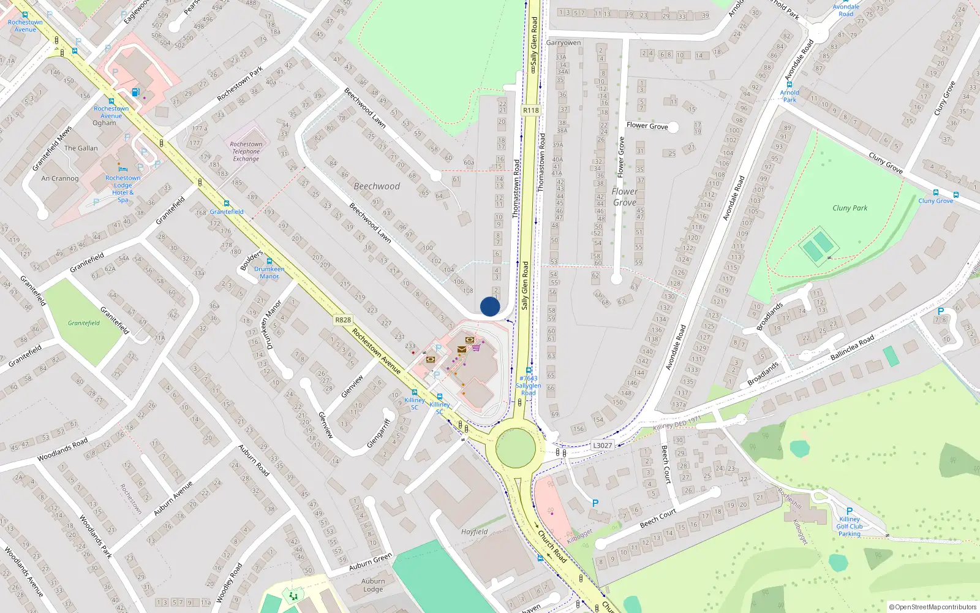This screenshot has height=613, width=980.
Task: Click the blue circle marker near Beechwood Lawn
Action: pos(490,306)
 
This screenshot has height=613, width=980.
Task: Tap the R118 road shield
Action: pos(531,110)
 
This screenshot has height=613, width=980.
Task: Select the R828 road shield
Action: pos(343,320)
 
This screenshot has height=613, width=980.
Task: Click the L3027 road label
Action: pos(602,446)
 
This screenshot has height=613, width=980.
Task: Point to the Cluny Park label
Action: pos(850,208)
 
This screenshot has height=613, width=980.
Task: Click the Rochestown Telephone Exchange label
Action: pos(246,151)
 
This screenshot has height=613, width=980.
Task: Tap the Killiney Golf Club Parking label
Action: pos(849,526)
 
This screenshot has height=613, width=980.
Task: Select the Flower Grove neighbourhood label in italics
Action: pos(624,197)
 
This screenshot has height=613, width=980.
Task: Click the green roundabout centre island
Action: pos(516,448)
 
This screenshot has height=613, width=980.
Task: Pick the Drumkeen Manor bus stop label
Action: pos(269,272)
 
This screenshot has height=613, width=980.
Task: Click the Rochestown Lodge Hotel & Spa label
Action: pos(123,189)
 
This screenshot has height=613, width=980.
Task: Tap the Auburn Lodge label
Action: pos(373,585)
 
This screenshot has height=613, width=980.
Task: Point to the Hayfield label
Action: pos(475,531)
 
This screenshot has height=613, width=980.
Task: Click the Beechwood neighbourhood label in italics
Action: pos(377,186)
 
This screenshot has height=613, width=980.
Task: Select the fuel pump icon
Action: pos(135,93)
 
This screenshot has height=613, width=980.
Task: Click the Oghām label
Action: pos(104,123)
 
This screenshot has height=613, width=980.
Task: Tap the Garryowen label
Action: pos(563,43)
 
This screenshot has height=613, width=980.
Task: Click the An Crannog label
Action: pos(60,178)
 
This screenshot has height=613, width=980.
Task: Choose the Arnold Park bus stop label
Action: pos(790,96)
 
